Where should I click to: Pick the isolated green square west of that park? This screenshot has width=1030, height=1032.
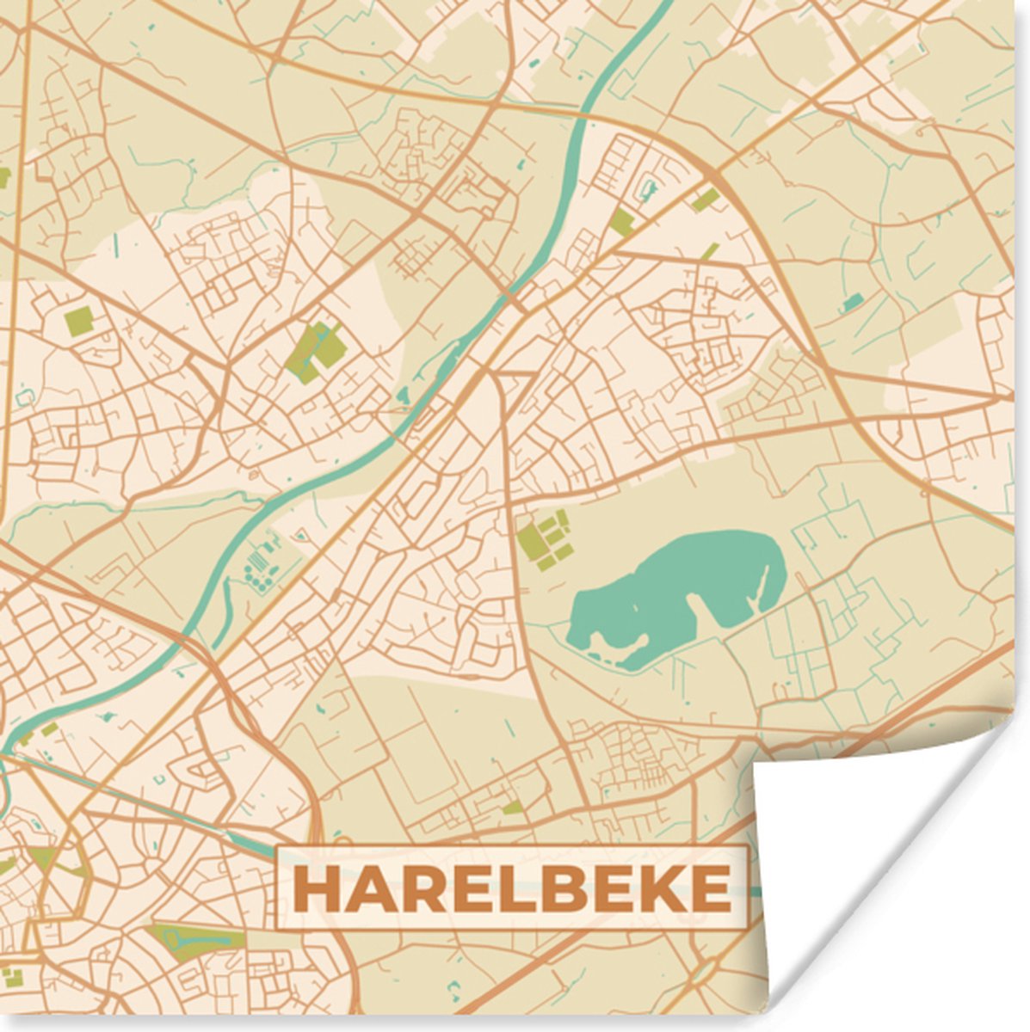[78, 321]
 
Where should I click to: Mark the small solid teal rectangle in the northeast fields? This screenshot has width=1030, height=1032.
[853, 302]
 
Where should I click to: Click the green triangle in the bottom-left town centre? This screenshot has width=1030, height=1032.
[42, 857]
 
